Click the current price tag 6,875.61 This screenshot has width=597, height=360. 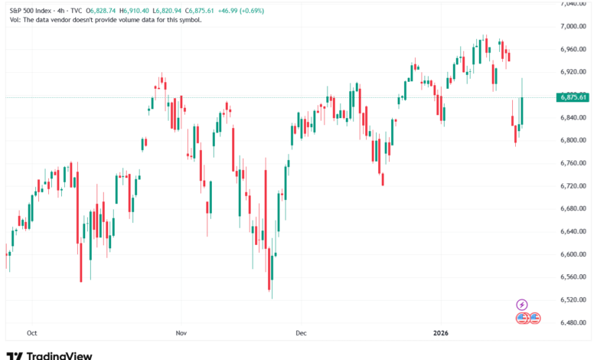click(573, 97)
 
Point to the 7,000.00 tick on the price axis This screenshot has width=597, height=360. click(573, 26)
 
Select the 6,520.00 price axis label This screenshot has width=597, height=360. click(573, 299)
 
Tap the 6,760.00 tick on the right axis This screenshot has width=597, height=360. click(573, 163)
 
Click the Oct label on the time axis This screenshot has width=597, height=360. click(31, 333)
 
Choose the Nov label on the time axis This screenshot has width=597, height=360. click(181, 333)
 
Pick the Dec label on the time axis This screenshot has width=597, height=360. click(301, 333)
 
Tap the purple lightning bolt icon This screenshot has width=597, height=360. click(522, 304)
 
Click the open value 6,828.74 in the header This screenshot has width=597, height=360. click(102, 10)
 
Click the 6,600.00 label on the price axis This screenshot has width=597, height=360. click(573, 254)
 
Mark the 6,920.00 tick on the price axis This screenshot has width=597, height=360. click(573, 72)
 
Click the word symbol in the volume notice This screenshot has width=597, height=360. click(189, 20)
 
